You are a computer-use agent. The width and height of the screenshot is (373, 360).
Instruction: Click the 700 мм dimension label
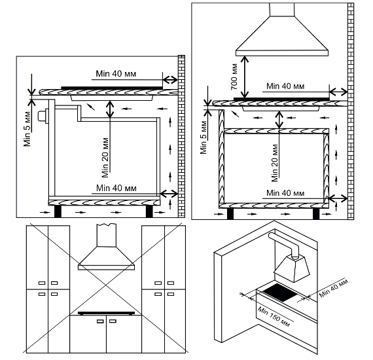coord(234,77)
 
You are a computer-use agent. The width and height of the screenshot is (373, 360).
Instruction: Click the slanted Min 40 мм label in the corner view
coord(333,288)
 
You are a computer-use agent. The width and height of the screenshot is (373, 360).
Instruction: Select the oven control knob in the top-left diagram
coord(43,116)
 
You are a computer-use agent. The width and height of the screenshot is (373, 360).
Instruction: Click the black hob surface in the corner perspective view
coord(279,293)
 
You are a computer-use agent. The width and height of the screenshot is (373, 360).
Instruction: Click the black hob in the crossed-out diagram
coord(106,313)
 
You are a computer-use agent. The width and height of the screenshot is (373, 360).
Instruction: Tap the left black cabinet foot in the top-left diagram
coord(58,211)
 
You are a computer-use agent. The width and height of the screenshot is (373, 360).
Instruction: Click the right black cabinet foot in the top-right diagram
coord(316,213)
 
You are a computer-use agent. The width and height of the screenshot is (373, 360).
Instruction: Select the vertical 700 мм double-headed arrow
coord(245,77)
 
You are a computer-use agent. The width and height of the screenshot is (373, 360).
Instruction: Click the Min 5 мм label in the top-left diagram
coord(27,129)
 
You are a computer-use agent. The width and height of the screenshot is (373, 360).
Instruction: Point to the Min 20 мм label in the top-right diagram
coord(275,163)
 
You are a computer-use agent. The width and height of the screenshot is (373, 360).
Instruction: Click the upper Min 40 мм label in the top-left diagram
coord(116,74)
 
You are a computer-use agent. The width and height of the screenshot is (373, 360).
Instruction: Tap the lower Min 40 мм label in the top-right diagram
coord(285,193)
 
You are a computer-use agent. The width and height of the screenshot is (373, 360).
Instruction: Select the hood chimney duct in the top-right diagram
coord(282,10)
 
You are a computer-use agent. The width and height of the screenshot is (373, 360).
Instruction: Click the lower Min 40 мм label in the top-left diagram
coord(116,189)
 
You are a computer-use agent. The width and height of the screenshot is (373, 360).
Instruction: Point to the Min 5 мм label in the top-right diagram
coord(204,137)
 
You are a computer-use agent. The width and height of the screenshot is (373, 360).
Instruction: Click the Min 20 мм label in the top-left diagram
coord(105,158)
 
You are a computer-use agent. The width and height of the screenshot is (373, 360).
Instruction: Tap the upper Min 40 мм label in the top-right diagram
coord(285,86)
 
